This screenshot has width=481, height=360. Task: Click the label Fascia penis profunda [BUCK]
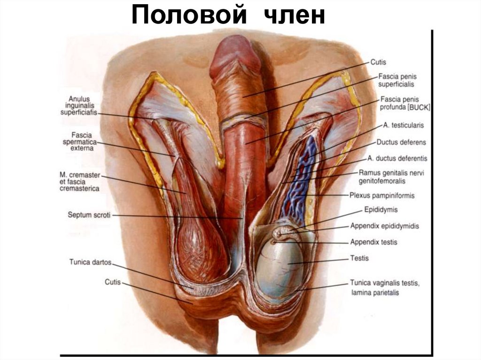coord(405,103)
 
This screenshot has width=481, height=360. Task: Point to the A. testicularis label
coord(403,125)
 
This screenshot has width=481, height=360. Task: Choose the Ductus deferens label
coord(401,142)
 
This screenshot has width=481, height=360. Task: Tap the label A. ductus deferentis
coord(397,158)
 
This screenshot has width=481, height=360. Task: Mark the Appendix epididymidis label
coord(384,226)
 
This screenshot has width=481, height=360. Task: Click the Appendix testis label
coord(373,242)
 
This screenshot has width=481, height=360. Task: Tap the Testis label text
coord(359,258)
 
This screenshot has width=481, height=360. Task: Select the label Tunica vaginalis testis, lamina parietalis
coord(384,288)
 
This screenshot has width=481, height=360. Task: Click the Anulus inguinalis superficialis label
coord(79,106)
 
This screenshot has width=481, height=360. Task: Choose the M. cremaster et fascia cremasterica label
coord(77,182)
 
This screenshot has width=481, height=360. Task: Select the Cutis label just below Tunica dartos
coord(113,282)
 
